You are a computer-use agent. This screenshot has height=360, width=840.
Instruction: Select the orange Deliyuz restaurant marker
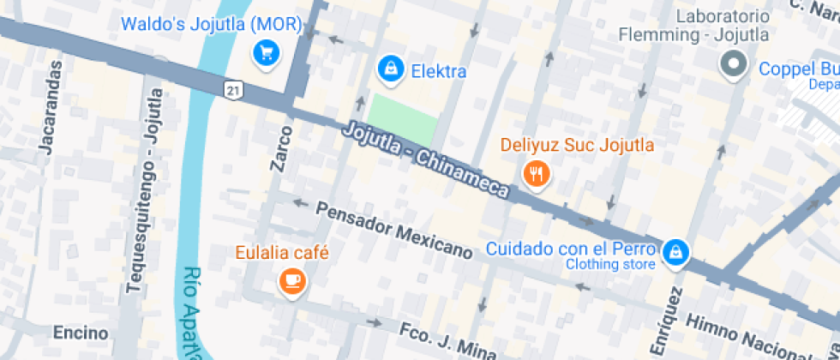(x=536, y=175)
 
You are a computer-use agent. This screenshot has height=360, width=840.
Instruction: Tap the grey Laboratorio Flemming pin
(x=734, y=65)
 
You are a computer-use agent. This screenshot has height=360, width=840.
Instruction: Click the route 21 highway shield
(x=233, y=88)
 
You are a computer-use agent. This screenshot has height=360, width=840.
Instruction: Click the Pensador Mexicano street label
(x=394, y=230)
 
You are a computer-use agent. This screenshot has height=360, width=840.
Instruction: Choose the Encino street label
(x=81, y=333)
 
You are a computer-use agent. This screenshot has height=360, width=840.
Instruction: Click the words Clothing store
(x=610, y=264)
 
